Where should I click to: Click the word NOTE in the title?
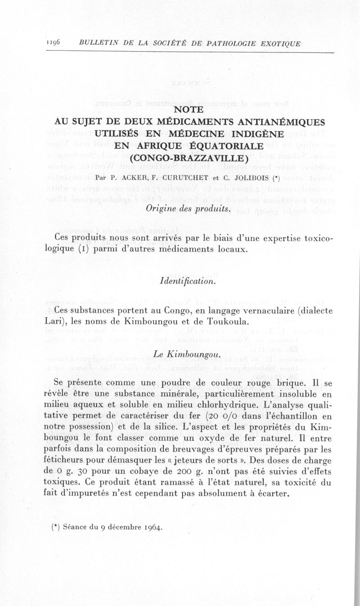click(x=189, y=109)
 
